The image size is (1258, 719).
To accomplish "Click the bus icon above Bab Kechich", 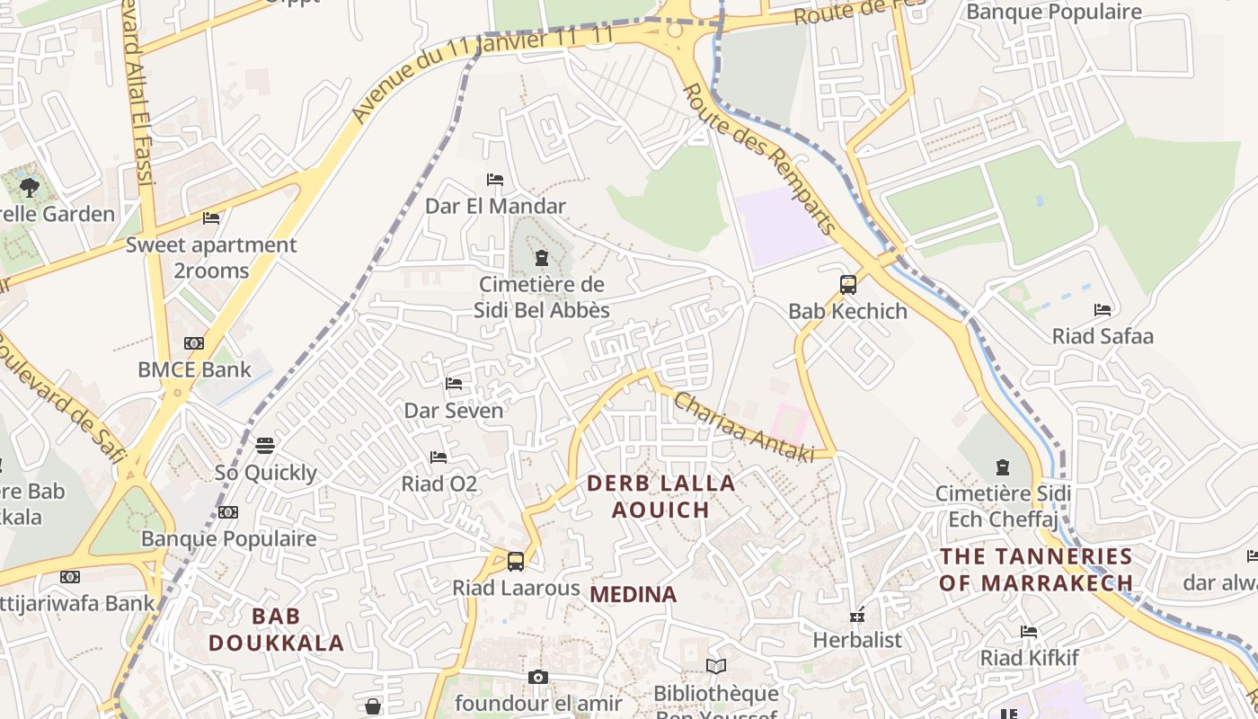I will tap(847, 285).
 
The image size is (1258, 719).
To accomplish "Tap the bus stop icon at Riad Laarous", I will tap(515, 562).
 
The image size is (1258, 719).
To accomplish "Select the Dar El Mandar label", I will tap(495, 206).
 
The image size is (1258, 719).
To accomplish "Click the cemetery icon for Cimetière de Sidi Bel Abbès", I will tap(541, 259).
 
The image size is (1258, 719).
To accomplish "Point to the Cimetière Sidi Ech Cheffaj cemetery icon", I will tap(1003, 467).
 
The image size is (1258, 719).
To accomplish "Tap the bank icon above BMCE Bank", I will tap(194, 343).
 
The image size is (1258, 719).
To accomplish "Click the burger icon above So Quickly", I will tap(265, 446).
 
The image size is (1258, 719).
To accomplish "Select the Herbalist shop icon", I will tap(857, 616).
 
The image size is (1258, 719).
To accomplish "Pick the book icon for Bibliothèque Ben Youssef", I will tap(715, 666).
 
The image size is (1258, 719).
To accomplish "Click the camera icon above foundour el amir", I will tap(537, 677).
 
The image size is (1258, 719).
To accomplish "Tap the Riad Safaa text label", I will tap(1103, 336).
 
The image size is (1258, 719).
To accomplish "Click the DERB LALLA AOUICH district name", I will tap(660, 496).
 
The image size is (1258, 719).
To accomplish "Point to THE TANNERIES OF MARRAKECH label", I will tap(1036, 569).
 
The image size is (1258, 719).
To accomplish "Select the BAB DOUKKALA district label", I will tap(276, 629).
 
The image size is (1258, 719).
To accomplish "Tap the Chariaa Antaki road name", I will tap(743, 428).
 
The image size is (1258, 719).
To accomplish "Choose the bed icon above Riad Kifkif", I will tap(1029, 632).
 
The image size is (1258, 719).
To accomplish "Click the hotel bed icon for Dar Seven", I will tap(454, 384).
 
